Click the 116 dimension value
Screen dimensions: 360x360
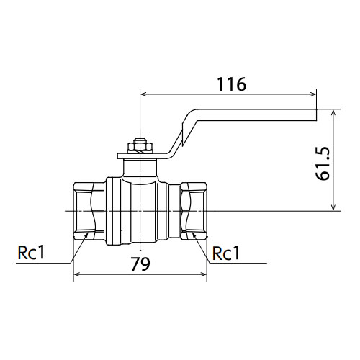231,84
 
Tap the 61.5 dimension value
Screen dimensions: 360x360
323,163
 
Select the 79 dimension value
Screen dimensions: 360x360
140,264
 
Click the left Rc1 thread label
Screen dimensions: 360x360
31,253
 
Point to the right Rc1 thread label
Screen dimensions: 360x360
226,253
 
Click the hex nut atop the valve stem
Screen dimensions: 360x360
140,148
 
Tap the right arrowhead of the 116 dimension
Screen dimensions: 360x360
313,94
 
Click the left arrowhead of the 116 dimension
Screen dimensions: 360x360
143,94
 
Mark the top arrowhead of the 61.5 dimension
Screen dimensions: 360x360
333,113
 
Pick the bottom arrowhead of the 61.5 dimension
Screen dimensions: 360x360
333,207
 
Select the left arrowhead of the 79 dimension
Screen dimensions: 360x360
77,274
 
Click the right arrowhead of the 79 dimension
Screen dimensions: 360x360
203,274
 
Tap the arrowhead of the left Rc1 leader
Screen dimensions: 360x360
86,235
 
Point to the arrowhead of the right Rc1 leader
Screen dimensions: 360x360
194,235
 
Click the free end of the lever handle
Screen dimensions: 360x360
316,114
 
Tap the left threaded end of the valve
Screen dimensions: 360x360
89,211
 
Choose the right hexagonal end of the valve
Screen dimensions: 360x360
193,211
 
